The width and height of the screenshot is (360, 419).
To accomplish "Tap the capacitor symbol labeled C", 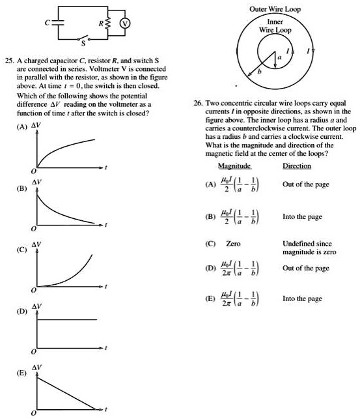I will click(55, 23).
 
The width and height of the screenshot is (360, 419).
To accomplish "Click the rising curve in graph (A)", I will click(65, 148).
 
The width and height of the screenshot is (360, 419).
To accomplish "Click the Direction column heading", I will click(296, 167).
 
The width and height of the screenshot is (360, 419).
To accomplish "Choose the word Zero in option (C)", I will click(233, 244).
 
